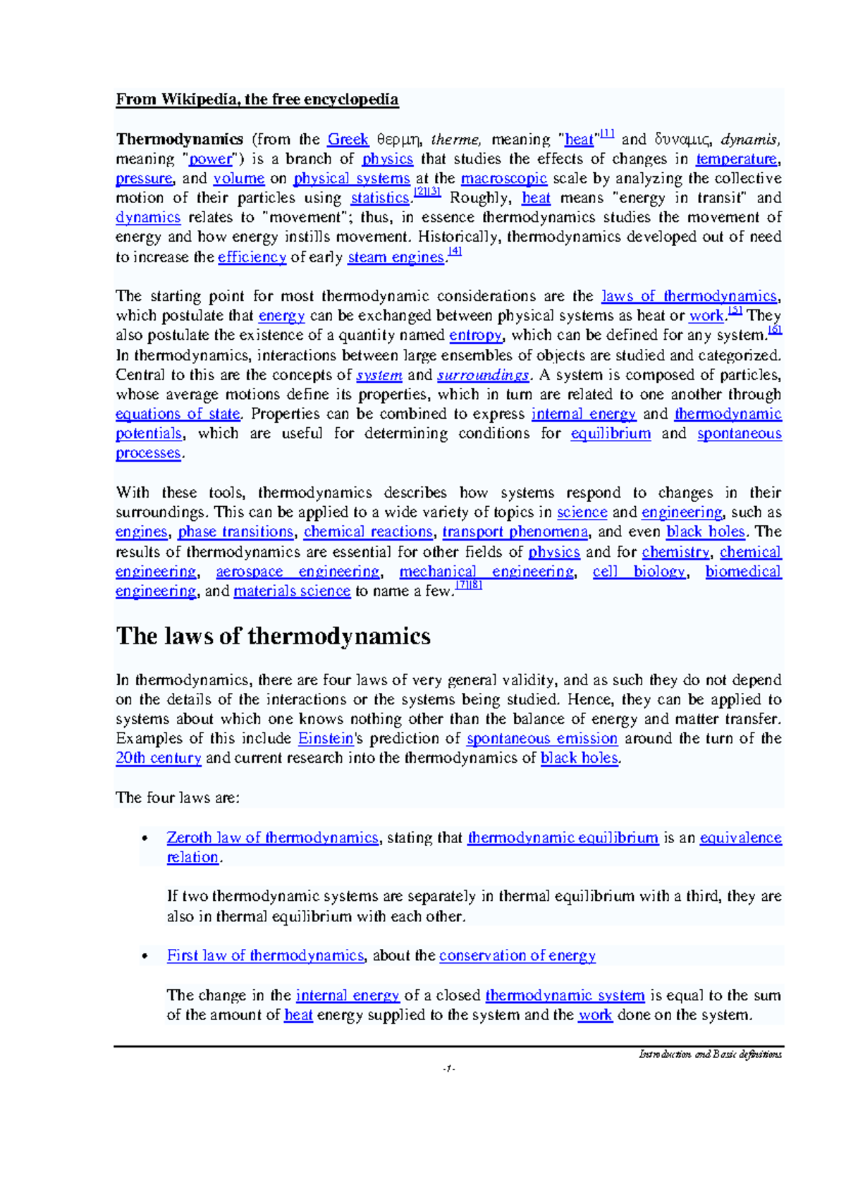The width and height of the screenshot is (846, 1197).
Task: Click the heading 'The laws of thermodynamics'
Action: [273, 637]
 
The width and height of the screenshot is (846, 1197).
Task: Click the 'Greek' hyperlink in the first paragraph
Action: [348, 140]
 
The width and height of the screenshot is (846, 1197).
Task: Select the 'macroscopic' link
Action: [503, 179]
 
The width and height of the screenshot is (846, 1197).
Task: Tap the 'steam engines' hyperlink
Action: [396, 257]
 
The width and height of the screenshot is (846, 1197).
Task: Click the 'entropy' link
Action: [475, 336]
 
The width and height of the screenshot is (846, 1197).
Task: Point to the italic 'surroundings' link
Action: [483, 375]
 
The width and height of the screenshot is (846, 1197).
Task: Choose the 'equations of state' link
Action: [178, 414]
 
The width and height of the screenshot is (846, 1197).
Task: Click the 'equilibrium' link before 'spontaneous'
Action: [611, 434]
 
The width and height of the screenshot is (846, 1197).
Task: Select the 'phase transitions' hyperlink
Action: [235, 532]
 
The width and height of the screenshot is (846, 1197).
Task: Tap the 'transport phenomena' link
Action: [515, 532]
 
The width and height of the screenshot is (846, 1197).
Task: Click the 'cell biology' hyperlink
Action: [639, 572]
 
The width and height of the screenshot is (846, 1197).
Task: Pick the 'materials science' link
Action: [292, 591]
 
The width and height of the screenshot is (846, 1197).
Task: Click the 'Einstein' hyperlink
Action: [326, 739]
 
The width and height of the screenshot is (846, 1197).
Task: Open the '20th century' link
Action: [159, 759]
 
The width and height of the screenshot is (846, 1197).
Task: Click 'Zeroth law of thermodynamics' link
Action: [272, 838]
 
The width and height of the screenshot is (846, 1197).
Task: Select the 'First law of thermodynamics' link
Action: [265, 956]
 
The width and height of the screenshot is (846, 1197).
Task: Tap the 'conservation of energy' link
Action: [517, 956]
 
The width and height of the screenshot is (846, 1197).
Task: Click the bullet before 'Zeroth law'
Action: [145, 839]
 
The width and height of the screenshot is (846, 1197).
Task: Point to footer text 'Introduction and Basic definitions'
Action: [710, 1055]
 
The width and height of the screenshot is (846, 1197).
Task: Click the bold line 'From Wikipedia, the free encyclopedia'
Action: [257, 99]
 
